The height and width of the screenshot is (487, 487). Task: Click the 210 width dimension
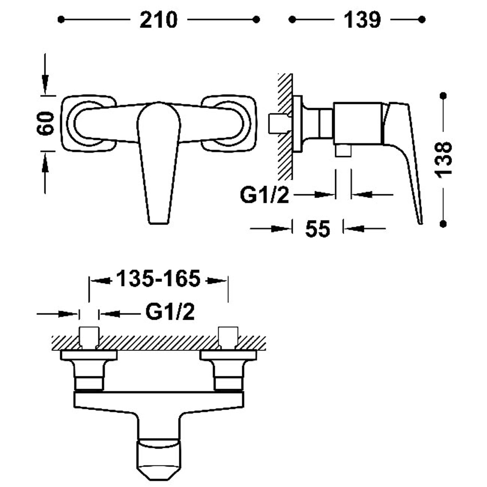point(158,20)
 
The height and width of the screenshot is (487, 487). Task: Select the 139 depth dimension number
point(362,20)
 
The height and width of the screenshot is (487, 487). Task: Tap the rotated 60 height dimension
point(45,123)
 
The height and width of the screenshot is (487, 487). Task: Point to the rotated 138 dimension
point(443,159)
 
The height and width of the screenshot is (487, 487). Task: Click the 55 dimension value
point(318,229)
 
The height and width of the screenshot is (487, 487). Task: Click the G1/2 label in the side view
point(264,195)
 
